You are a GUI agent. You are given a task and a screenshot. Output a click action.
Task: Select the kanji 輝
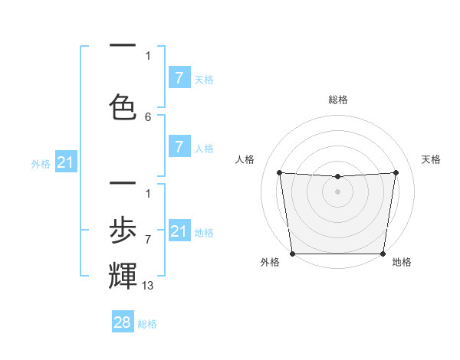pos(123,275)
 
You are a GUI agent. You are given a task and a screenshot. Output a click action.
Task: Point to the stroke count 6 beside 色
pos(148,117)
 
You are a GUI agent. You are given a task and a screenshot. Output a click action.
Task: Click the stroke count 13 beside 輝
pos(148,285)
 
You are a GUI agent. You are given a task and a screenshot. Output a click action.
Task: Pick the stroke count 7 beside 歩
pos(148,240)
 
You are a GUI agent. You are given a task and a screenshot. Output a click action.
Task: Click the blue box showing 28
pos(123,322)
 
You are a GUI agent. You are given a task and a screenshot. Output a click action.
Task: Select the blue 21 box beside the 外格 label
pos(66,162)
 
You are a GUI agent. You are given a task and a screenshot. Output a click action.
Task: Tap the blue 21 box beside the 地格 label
pos(179,231)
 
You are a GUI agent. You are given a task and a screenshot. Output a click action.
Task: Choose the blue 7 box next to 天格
pos(179,77)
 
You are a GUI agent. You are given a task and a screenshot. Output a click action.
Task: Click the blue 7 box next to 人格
pos(179,147)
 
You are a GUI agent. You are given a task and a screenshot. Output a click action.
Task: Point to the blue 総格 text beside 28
pos(147,324)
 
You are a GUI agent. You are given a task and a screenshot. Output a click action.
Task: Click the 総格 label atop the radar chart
pos(338,100)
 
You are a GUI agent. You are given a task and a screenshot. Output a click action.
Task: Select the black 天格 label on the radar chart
pos(432,159)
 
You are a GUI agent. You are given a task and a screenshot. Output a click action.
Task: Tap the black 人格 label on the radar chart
pos(245,159)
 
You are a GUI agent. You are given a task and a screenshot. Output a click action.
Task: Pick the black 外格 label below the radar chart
pos(270,262)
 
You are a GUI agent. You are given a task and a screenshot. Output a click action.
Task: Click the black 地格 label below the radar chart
pos(402,262)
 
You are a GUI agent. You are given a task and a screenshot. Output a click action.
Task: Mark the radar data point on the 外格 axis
pos(292,254)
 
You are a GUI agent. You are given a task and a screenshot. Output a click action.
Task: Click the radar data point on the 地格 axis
pos(383,254)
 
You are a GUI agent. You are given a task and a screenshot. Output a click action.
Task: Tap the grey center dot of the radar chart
pos(338,191)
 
